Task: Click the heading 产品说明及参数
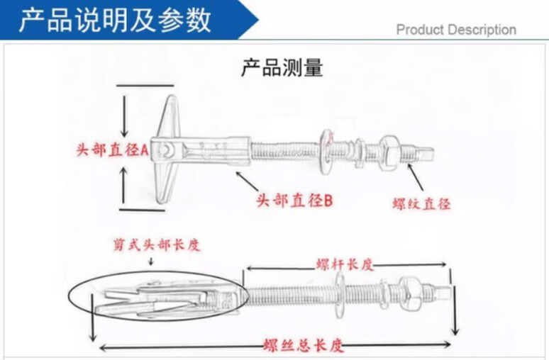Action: pyautogui.click(x=115, y=20)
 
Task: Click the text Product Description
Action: pyautogui.click(x=456, y=30)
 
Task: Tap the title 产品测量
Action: pyautogui.click(x=282, y=68)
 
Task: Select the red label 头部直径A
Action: pyautogui.click(x=112, y=150)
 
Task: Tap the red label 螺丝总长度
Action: pyautogui.click(x=303, y=346)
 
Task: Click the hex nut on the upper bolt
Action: pyautogui.click(x=389, y=149)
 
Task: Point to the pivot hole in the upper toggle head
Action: pyautogui.click(x=165, y=150)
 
